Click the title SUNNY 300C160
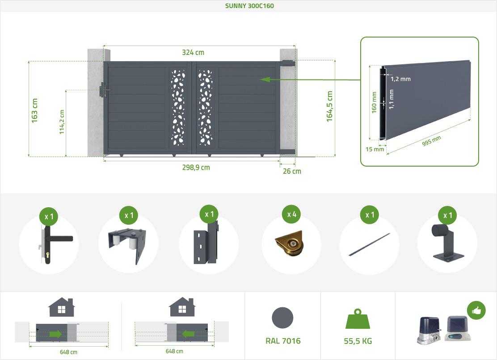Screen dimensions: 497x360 pos(249,6)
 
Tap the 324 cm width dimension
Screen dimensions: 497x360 pos(193,52)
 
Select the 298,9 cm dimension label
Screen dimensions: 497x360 pos(196,167)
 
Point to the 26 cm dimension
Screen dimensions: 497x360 pos(292,172)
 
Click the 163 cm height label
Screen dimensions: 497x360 pos(34,111)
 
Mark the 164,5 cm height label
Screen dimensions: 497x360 pos(330,106)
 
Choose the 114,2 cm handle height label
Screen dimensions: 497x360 pos(62,122)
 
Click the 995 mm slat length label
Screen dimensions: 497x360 pos(431,141)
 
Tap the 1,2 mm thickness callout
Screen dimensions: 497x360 pos(400,79)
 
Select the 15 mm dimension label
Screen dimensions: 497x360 pos(375,149)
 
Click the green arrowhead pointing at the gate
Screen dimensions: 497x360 pos(265,79)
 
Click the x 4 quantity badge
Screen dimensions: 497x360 pos(291,214)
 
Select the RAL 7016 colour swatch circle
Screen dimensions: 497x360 pos(282,318)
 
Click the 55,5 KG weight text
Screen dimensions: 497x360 pos(358,341)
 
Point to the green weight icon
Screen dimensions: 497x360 pos(358,319)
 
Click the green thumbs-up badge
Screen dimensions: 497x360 pos(476,310)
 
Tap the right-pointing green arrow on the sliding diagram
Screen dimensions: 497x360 pos(55,334)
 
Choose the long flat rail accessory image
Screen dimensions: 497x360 pos(369,244)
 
